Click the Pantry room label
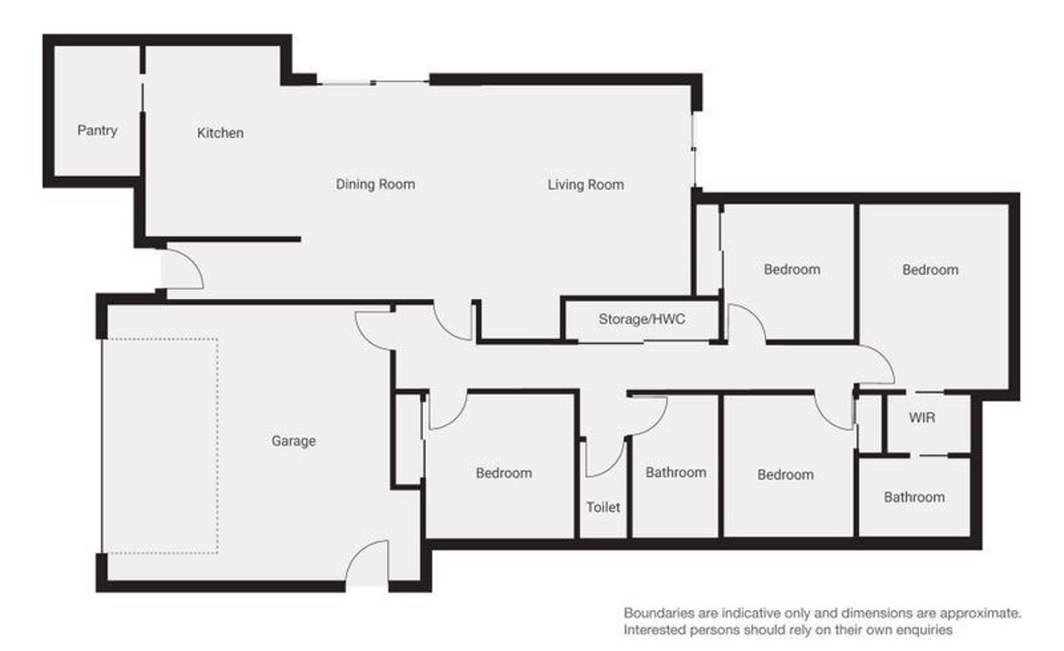click(97, 130)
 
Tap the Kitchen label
click(220, 133)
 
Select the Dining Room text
click(375, 184)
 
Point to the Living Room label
click(586, 184)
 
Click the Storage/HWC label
click(642, 319)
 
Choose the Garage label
click(294, 441)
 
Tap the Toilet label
click(603, 507)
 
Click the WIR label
click(922, 418)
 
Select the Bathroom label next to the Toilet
click(676, 472)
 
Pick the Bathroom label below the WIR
click(914, 498)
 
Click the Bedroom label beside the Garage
click(503, 472)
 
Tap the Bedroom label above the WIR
click(930, 270)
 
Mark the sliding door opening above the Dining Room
click(373, 84)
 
